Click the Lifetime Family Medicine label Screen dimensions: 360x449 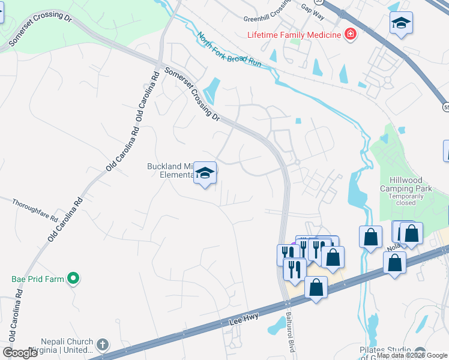click(294, 34)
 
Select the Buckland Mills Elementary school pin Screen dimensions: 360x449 click(205, 173)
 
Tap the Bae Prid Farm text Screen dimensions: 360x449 click(38, 279)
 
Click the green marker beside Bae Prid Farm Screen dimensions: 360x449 click(73, 279)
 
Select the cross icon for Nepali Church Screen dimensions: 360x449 click(103, 344)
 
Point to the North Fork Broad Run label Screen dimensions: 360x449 click(229, 49)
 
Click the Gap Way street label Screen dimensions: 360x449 click(313, 10)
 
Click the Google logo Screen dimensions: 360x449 click(20, 352)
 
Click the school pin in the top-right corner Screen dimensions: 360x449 click(400, 24)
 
